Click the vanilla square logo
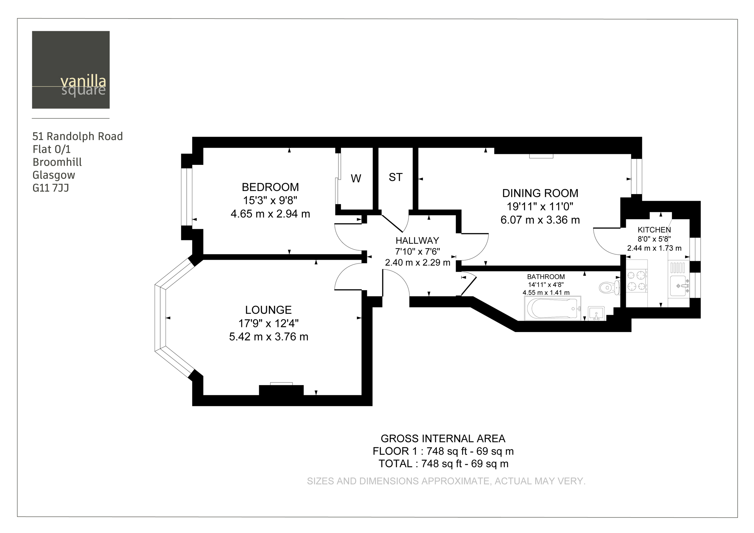[71, 70]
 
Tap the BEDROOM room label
[270, 187]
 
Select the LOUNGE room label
[268, 310]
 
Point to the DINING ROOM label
[540, 193]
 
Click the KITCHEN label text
[654, 230]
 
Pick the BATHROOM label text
[546, 277]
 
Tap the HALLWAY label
[418, 241]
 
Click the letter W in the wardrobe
[356, 179]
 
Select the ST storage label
[396, 177]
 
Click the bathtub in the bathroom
[553, 309]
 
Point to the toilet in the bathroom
[609, 288]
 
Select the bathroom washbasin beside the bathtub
[596, 313]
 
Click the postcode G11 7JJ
[51, 188]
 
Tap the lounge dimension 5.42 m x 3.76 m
[269, 337]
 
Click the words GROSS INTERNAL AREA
[443, 438]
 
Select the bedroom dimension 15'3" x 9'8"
[270, 200]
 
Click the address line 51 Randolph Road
[78, 136]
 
